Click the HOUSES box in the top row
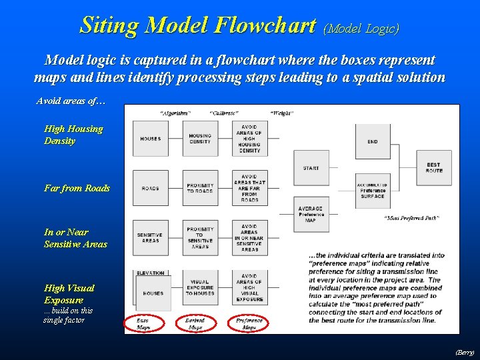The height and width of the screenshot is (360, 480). coord(150,139)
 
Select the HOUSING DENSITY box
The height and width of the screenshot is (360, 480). coord(200,139)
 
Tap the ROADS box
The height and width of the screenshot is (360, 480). coord(150,188)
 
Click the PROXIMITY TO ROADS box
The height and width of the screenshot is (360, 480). coord(200,188)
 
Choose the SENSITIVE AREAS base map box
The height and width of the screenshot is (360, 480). coord(150,238)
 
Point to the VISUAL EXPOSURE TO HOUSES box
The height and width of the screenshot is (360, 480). coord(200,287)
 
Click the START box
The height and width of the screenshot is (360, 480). coord(311,168)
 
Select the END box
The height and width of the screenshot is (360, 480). coord(373,141)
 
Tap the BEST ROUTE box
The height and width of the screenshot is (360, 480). coord(433,168)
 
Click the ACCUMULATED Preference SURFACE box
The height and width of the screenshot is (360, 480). coord(373,191)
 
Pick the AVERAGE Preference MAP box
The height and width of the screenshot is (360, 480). coord(311,215)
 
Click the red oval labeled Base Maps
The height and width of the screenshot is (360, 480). coord(143,323)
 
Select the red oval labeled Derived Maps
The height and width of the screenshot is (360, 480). coord(195,323)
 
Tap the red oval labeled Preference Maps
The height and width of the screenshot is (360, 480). coord(249,323)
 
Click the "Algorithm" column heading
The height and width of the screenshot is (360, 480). coord(176,113)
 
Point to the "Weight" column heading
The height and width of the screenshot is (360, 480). coord(282,113)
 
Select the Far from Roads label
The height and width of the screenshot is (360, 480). coord(77,188)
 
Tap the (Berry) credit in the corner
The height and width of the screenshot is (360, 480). coord(464,351)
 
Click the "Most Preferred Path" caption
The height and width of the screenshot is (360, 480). coord(411,219)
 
